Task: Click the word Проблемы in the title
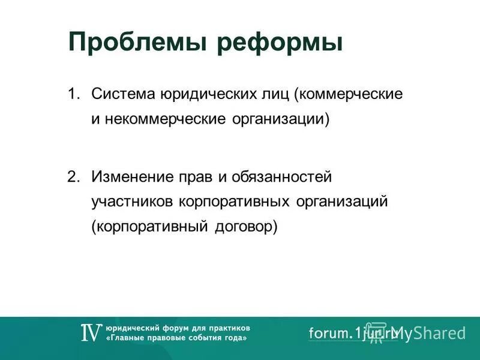138,43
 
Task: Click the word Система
123,94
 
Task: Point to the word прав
190,177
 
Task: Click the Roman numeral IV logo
91,333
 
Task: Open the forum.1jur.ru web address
348,333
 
